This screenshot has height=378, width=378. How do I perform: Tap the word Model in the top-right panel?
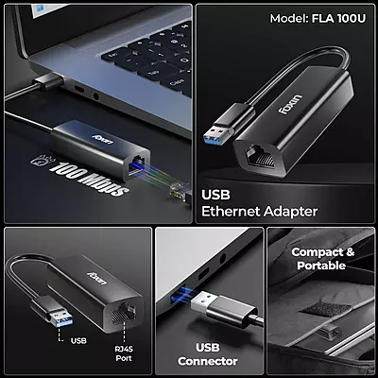click(288, 18)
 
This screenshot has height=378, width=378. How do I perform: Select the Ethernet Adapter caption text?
click(260, 211)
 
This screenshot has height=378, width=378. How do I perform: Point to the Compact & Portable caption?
click(323, 260)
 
